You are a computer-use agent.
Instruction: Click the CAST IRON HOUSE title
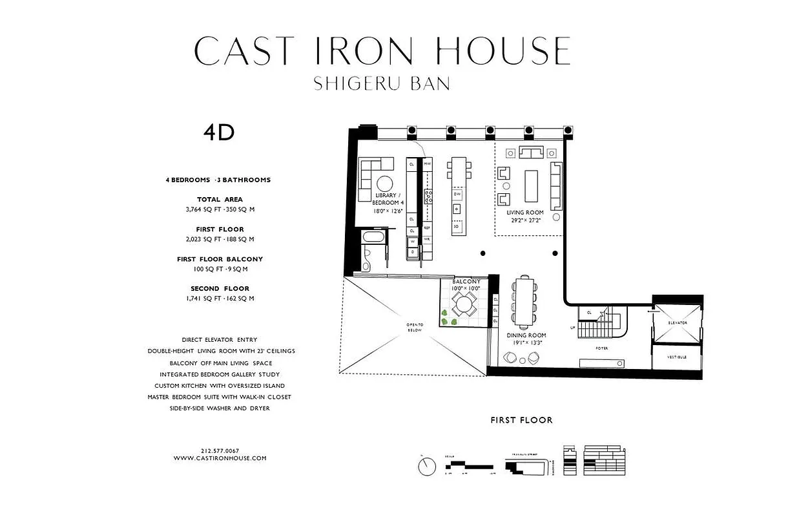(382, 51)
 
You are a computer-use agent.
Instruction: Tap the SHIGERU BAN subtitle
(382, 84)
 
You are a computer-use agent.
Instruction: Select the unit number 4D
(218, 132)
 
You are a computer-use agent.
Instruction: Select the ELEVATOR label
(678, 322)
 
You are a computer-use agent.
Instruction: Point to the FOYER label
(601, 348)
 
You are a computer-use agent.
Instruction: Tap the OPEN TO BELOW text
(414, 327)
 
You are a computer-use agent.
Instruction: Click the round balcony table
(462, 303)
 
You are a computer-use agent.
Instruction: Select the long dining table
(523, 302)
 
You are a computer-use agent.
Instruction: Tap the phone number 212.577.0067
(220, 450)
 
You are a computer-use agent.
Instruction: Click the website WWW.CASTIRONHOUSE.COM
(220, 458)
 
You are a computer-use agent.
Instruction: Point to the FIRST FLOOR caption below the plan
(521, 420)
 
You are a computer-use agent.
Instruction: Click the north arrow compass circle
(426, 465)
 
